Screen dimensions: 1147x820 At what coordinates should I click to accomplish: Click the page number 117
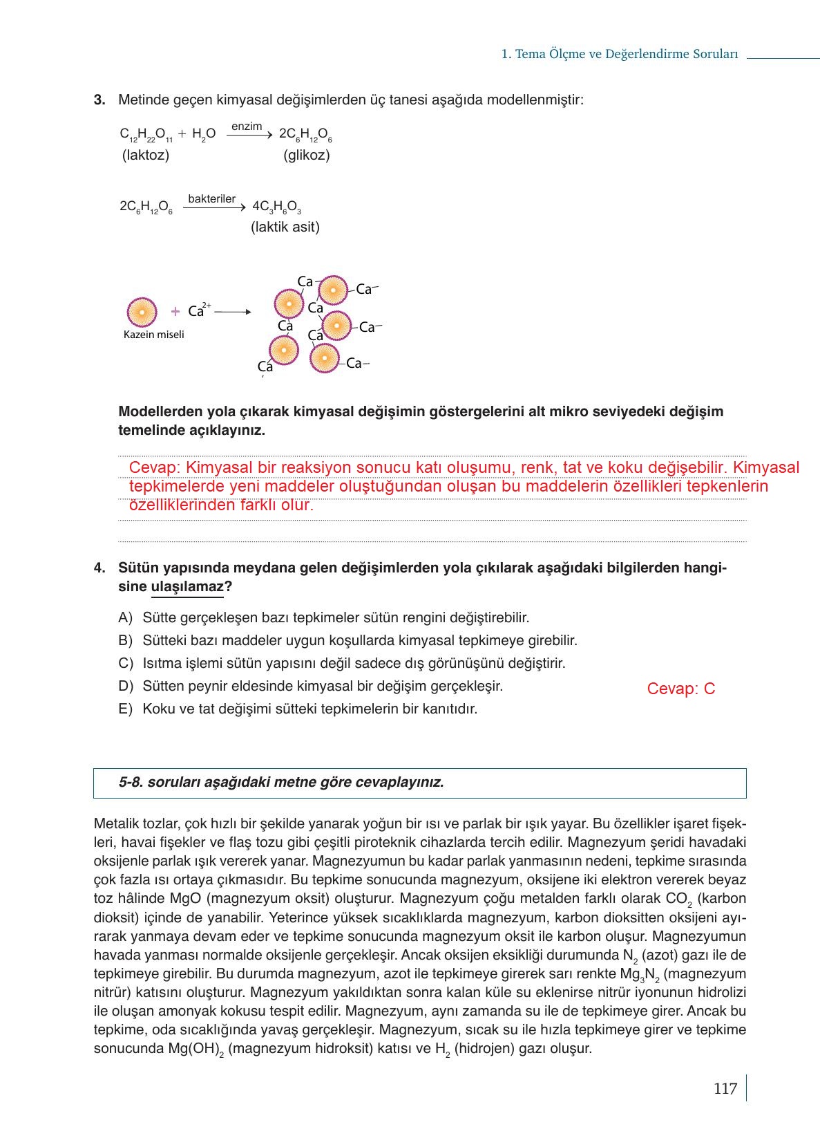(x=725, y=1089)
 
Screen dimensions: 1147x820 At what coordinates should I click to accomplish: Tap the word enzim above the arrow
(x=247, y=127)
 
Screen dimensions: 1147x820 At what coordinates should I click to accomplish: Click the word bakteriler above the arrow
(x=211, y=199)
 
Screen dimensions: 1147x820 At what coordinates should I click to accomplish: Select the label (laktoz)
(x=146, y=155)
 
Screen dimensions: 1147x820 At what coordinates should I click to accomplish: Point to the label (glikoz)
(x=306, y=155)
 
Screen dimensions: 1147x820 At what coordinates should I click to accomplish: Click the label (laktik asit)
(x=285, y=227)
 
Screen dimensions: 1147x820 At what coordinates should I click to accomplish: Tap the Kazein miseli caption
(x=153, y=335)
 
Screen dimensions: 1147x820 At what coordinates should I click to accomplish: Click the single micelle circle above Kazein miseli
(x=142, y=312)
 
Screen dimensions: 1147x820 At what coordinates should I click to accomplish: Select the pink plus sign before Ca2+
(x=175, y=312)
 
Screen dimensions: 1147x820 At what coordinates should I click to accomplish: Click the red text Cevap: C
(x=681, y=689)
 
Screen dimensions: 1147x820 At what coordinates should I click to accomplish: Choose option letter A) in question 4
(x=125, y=617)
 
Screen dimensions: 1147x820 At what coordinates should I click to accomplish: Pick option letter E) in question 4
(x=125, y=709)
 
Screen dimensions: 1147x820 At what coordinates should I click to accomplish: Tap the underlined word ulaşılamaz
(x=187, y=587)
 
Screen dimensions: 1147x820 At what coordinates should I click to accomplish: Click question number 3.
(x=99, y=100)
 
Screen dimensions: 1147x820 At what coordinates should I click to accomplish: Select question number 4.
(x=99, y=568)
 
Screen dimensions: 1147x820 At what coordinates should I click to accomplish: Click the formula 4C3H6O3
(x=276, y=207)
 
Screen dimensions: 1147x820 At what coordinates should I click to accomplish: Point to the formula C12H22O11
(x=146, y=135)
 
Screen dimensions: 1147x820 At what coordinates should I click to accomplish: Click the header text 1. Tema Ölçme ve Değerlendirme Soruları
(x=620, y=54)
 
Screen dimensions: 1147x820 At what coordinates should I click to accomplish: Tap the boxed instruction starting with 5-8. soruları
(x=281, y=782)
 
